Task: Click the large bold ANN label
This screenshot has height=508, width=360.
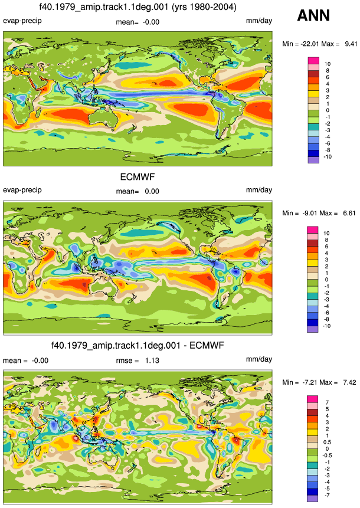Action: pyautogui.click(x=313, y=15)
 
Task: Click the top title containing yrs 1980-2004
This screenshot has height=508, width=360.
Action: pyautogui.click(x=138, y=7)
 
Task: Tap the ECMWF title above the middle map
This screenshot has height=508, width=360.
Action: pyautogui.click(x=138, y=177)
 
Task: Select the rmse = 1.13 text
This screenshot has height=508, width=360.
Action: pyautogui.click(x=138, y=360)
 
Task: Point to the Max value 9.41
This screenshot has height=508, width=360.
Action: pyautogui.click(x=351, y=44)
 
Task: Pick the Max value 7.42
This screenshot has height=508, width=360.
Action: pyautogui.click(x=349, y=382)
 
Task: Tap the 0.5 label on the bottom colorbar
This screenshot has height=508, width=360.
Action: pyautogui.click(x=327, y=443)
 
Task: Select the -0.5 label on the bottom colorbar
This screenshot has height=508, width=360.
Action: pyautogui.click(x=326, y=455)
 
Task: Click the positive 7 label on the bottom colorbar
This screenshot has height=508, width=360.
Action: pyautogui.click(x=327, y=402)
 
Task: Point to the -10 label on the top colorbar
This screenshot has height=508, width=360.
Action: pyautogui.click(x=328, y=157)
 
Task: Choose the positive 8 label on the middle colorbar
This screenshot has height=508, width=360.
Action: pyautogui.click(x=326, y=240)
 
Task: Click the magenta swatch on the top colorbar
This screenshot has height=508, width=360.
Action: pyautogui.click(x=313, y=61)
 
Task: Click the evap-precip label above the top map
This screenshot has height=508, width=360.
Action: pyautogui.click(x=22, y=21)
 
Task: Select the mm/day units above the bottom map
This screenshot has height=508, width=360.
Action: pyautogui.click(x=259, y=359)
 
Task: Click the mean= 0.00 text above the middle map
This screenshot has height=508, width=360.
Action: pyautogui.click(x=138, y=191)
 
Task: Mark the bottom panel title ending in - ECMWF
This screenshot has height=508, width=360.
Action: pyautogui.click(x=138, y=345)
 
